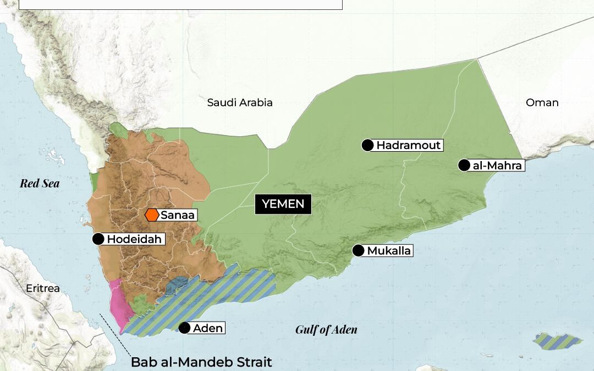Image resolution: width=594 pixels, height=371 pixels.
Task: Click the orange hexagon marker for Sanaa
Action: point(152,215)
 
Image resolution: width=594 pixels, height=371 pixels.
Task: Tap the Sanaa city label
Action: point(178,215)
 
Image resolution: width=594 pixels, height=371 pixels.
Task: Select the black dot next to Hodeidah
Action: point(98,239)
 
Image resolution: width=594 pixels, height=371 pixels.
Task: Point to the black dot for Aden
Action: point(185,328)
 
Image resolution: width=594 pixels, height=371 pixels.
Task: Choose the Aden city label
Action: point(208,328)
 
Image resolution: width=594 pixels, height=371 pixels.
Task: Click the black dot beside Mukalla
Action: point(358,251)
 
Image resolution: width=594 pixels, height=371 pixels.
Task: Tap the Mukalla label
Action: point(389,251)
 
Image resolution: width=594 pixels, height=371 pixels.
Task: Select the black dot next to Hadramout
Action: point(367,145)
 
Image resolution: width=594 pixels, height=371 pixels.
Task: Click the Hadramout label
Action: point(409,145)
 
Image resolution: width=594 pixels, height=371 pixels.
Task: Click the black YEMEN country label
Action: point(283,204)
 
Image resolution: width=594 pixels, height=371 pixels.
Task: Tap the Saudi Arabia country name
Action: point(240,102)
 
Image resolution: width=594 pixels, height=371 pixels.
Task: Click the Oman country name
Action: point(542,102)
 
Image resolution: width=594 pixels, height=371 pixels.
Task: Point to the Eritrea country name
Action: point(43,288)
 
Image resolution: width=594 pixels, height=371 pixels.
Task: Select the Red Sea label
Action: point(40,184)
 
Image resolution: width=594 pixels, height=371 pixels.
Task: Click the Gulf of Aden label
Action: point(326,330)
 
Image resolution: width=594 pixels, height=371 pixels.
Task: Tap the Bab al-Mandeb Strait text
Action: point(201,362)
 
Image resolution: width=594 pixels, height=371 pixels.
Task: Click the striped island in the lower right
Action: point(558,341)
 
